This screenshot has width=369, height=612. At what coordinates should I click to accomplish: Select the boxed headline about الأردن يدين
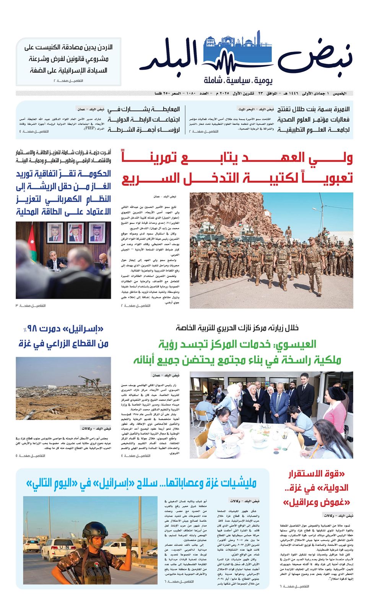click(x=68, y=59)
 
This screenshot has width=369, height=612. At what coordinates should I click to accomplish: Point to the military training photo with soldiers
click(x=271, y=250)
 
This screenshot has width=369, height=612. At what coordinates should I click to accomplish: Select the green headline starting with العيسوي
click(x=237, y=352)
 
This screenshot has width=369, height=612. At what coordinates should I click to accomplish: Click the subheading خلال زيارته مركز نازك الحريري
click(x=237, y=328)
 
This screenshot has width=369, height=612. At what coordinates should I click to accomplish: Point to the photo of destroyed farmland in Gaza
click(x=63, y=388)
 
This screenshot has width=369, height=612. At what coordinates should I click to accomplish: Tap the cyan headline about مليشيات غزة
click(x=141, y=483)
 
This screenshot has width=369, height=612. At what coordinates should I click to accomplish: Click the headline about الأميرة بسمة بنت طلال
click(x=313, y=119)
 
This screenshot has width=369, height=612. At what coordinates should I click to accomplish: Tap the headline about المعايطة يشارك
click(x=143, y=119)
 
